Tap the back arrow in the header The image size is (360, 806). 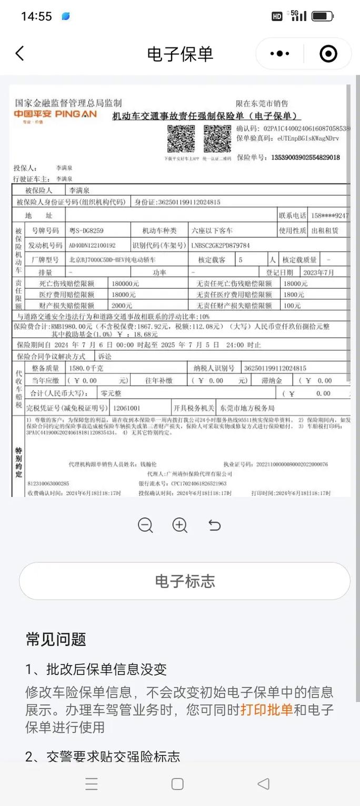point(20,53)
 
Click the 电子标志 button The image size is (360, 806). point(185,581)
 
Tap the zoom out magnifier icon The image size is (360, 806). point(145,525)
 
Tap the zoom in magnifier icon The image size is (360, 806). point(180,525)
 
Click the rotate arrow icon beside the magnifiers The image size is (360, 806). point(214,525)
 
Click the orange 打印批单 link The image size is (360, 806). point(266,710)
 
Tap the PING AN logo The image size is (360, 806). point(55,115)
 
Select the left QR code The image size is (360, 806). point(181,139)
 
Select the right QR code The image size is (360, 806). point(217,139)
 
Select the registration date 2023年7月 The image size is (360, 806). point(318,273)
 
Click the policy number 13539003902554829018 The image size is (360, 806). point(305,157)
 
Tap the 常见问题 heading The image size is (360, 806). point(56,640)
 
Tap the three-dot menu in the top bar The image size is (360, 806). point(279,53)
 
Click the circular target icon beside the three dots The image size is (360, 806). point(328,53)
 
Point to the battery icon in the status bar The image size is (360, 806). point(322,16)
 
